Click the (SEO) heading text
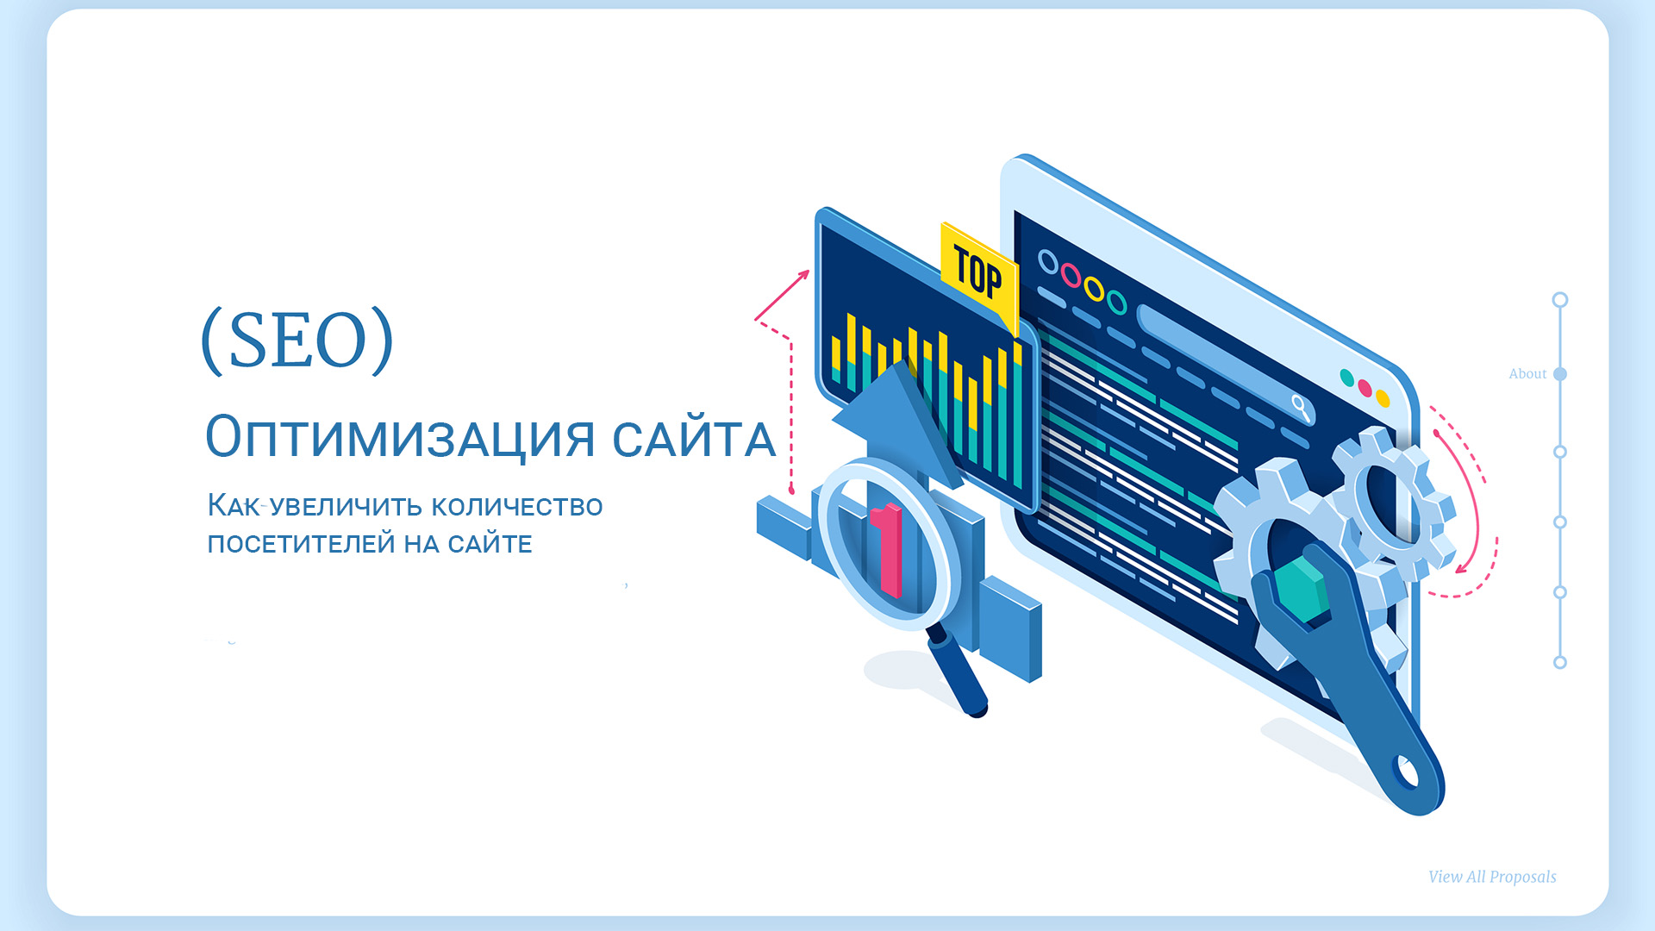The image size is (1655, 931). pyautogui.click(x=297, y=341)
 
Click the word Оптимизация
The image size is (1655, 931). pyautogui.click(x=400, y=437)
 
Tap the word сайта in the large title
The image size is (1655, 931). pyautogui.click(x=694, y=438)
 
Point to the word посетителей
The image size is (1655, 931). pyautogui.click(x=301, y=544)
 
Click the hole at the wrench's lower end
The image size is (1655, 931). pyautogui.click(x=1407, y=772)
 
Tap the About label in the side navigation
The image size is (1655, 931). pyautogui.click(x=1527, y=374)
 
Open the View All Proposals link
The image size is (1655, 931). pyautogui.click(x=1492, y=877)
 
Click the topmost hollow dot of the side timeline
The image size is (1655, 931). pyautogui.click(x=1560, y=300)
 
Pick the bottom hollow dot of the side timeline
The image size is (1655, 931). pyautogui.click(x=1560, y=663)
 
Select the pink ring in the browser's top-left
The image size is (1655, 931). pyautogui.click(x=1071, y=275)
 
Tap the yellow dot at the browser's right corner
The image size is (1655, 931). pyautogui.click(x=1383, y=398)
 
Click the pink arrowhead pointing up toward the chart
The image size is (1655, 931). pyautogui.click(x=803, y=275)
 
